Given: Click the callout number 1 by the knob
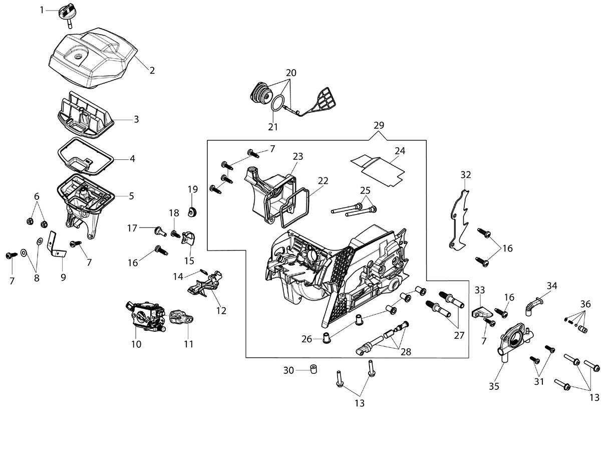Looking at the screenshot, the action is click(42, 10).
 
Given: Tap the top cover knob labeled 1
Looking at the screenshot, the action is click(67, 15).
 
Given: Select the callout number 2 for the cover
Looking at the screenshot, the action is click(152, 71).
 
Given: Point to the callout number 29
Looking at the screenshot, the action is click(379, 125).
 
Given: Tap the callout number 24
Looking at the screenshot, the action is click(400, 151).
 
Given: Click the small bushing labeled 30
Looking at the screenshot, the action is click(314, 369).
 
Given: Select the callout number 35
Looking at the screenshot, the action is click(494, 386).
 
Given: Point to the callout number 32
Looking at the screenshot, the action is click(466, 175).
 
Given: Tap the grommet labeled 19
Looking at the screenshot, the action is click(192, 212).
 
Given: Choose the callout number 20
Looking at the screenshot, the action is click(291, 73).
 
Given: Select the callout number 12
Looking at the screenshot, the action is click(221, 311).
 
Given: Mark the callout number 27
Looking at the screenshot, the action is click(459, 335).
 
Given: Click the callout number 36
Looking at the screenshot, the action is click(585, 304).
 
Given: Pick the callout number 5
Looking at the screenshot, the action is click(132, 196).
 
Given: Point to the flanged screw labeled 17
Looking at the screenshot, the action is click(160, 232).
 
